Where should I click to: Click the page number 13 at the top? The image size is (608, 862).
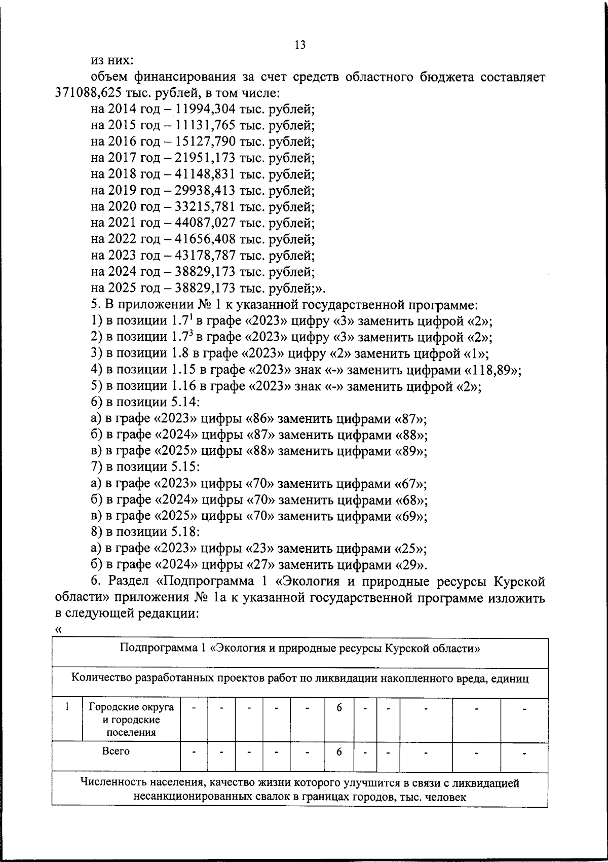[299, 45]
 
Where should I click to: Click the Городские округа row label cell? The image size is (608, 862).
[131, 719]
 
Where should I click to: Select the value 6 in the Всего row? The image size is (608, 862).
[339, 752]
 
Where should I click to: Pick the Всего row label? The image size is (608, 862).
[116, 751]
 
